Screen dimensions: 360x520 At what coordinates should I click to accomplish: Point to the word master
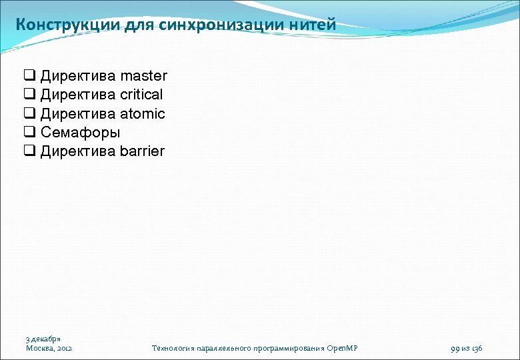tap(144, 76)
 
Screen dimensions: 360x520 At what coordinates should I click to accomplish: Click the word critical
tap(141, 95)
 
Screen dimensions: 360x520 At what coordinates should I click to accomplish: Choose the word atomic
tap(143, 113)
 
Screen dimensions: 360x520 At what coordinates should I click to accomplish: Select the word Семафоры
tap(80, 133)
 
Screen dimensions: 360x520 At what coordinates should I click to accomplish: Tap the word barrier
tap(142, 151)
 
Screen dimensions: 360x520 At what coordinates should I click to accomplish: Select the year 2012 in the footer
tap(65, 348)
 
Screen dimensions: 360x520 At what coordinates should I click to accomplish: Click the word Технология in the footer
tap(173, 348)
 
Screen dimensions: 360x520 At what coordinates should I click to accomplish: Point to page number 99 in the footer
tap(456, 348)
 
